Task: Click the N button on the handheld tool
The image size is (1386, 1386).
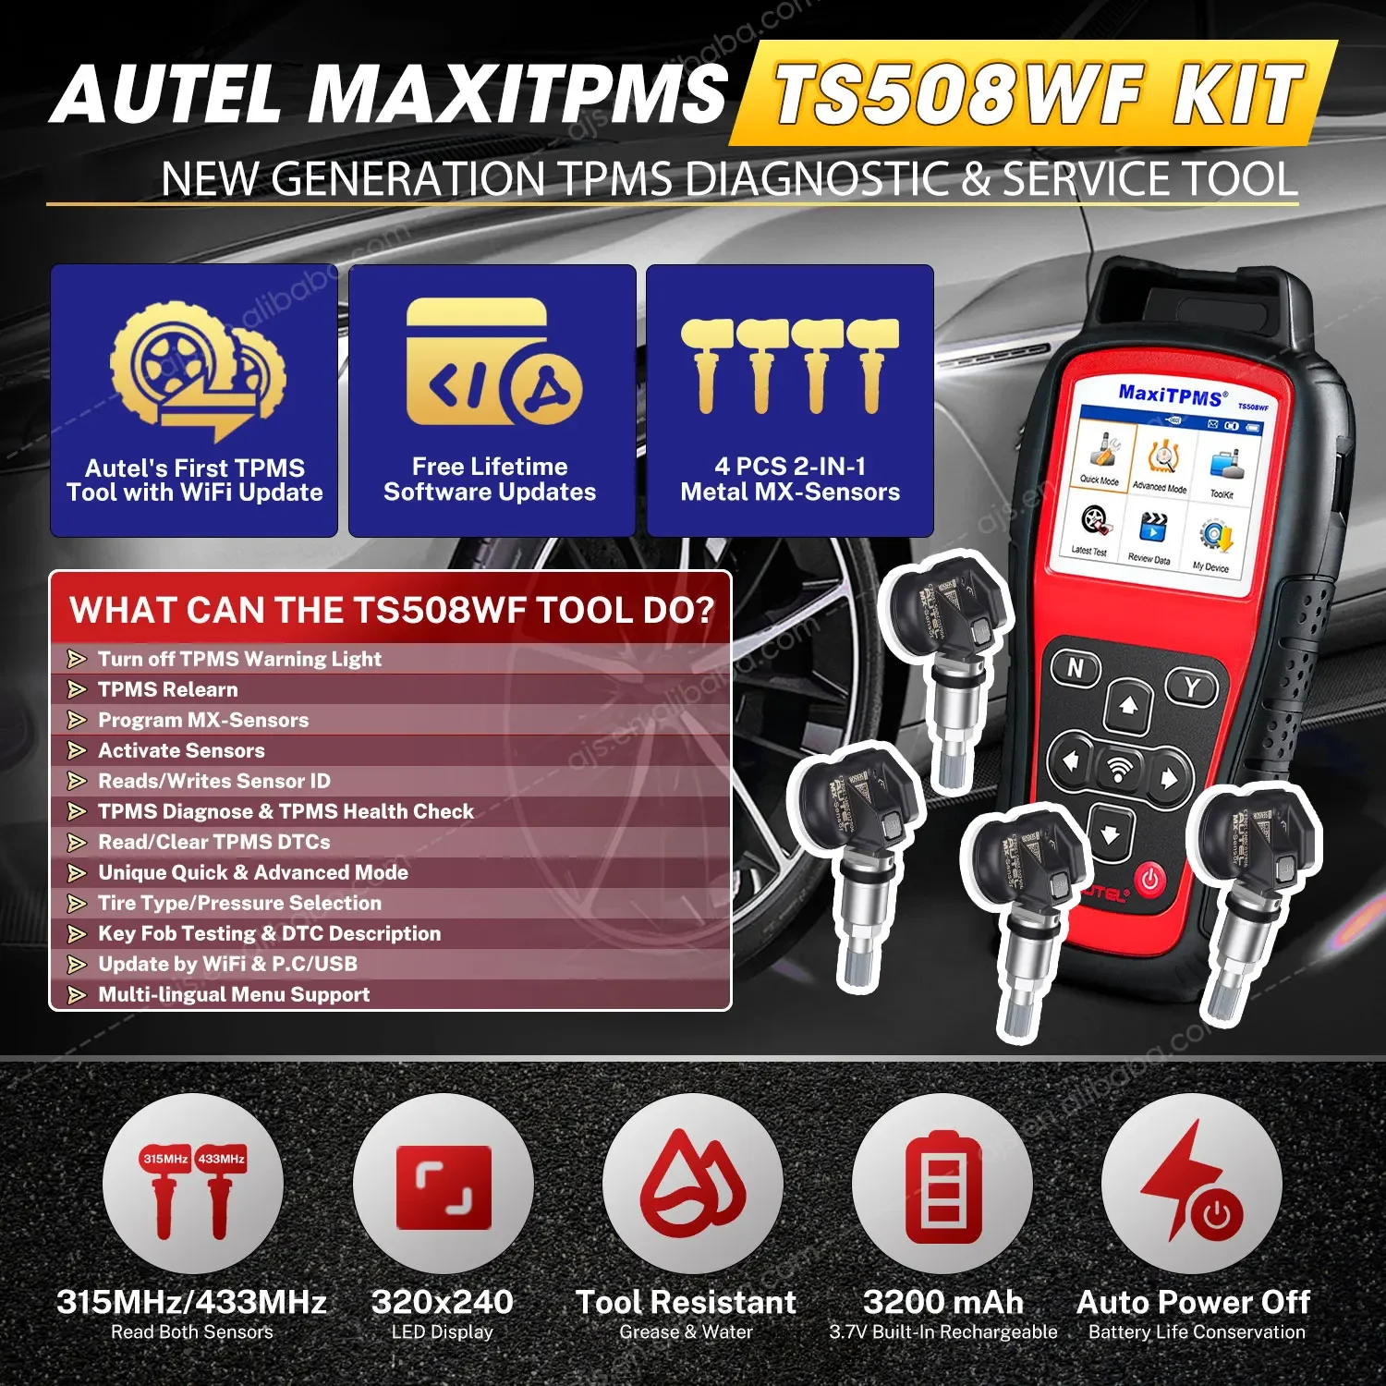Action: tap(1076, 668)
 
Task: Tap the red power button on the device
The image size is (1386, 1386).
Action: tap(1150, 879)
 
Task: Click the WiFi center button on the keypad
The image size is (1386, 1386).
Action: tap(1119, 768)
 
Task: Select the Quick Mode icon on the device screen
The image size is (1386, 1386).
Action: tap(1101, 456)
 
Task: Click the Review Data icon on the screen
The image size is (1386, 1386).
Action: tap(1150, 536)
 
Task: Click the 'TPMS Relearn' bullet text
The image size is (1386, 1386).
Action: tap(167, 689)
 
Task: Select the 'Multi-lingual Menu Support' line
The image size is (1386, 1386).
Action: tap(234, 994)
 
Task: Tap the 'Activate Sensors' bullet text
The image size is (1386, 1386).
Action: tap(181, 750)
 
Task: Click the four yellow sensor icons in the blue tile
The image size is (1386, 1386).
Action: tap(790, 365)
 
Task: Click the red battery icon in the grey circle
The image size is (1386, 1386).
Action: tap(942, 1187)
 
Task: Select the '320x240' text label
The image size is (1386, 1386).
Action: tap(442, 1302)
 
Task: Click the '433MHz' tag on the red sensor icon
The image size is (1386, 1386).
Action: tap(221, 1159)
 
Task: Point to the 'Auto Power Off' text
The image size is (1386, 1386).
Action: tap(1193, 1302)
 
